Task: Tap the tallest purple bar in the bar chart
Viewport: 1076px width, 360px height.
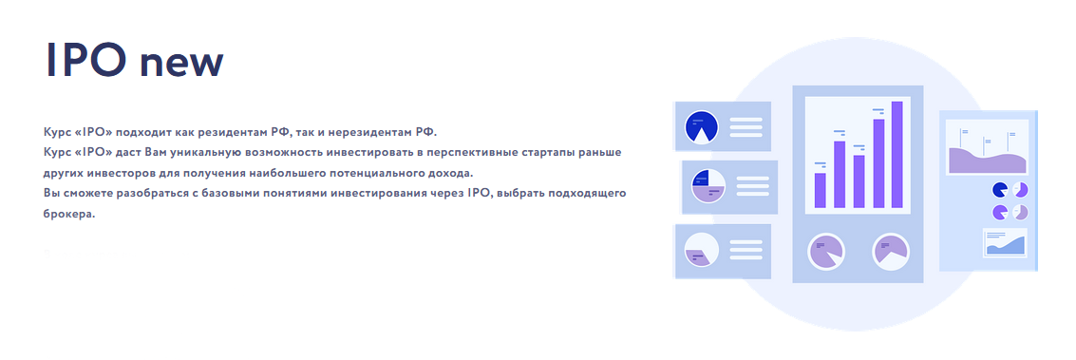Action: [x=897, y=154]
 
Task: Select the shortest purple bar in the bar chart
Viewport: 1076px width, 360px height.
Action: [x=821, y=189]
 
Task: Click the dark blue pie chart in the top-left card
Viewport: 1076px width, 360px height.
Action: [x=701, y=127]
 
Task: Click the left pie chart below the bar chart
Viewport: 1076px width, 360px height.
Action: [x=826, y=252]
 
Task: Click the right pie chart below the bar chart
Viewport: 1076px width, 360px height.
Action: [x=891, y=251]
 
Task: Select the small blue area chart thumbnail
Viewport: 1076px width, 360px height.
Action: [x=1005, y=244]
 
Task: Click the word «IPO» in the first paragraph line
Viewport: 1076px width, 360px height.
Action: [x=95, y=130]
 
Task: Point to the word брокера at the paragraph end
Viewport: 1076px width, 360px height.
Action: [x=69, y=214]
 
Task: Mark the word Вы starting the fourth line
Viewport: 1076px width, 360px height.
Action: [x=51, y=193]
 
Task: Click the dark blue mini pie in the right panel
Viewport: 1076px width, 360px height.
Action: [x=999, y=189]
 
